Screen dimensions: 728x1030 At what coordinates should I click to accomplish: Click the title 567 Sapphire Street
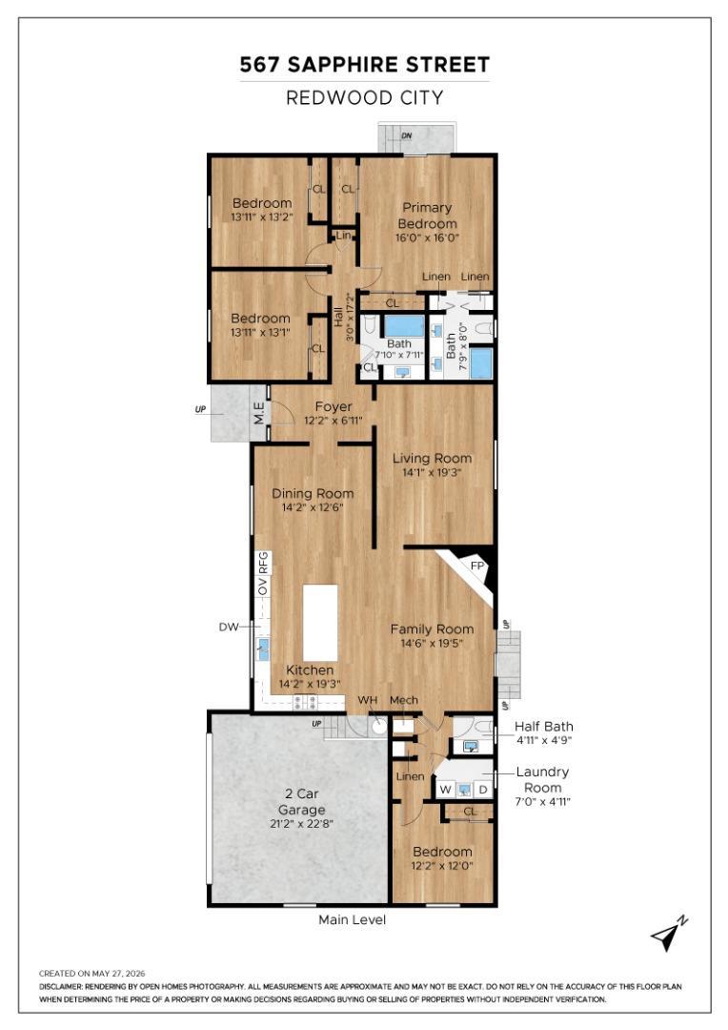point(364,65)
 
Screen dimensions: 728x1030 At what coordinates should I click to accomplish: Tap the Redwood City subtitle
point(364,98)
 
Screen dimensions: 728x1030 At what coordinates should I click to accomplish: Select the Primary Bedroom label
point(427,216)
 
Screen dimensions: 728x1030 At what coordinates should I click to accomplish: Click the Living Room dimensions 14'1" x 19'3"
point(432,472)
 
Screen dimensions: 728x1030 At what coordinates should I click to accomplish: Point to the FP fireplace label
point(477,566)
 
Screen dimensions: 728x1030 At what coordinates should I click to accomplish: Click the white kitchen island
point(320,623)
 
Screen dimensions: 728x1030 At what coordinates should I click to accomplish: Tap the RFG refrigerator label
point(263,564)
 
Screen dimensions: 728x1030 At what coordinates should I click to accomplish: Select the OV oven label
point(263,587)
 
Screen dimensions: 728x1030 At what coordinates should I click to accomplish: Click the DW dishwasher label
point(229,628)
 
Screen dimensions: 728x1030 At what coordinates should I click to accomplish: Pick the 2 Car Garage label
point(301,801)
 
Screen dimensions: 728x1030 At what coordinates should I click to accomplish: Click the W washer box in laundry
point(446,789)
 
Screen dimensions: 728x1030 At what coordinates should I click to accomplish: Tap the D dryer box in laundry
point(484,789)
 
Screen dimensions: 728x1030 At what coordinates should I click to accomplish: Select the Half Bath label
point(543,727)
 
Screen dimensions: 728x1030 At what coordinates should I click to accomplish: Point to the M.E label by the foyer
point(259,413)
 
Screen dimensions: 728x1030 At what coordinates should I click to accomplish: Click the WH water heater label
point(368,700)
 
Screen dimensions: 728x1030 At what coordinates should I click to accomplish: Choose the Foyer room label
point(334,406)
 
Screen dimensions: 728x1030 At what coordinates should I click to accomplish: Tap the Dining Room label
point(313,493)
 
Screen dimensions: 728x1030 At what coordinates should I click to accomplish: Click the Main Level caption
point(352,919)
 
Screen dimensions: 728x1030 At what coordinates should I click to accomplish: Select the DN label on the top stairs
point(407,135)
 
